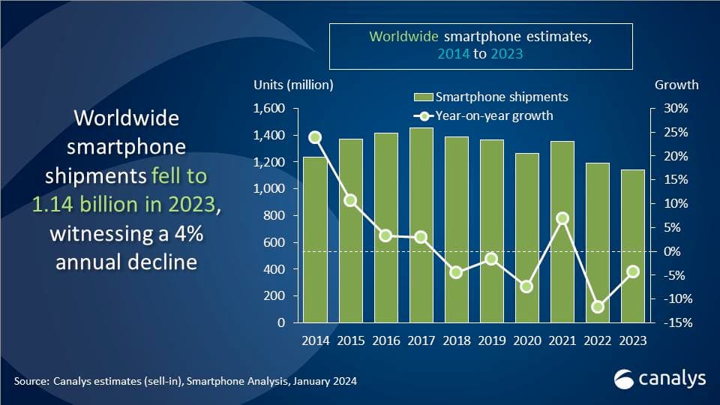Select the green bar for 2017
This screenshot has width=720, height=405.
click(421, 225)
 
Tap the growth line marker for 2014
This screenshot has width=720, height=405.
click(316, 137)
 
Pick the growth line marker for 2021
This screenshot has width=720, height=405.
click(562, 218)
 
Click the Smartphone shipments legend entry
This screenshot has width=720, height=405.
click(492, 97)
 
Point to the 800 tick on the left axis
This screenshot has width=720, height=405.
click(276, 216)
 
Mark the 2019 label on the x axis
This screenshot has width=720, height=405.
click(491, 340)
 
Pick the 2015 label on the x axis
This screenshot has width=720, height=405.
click(351, 340)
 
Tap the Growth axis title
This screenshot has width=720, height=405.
click(676, 85)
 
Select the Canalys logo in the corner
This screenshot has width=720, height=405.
click(659, 379)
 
